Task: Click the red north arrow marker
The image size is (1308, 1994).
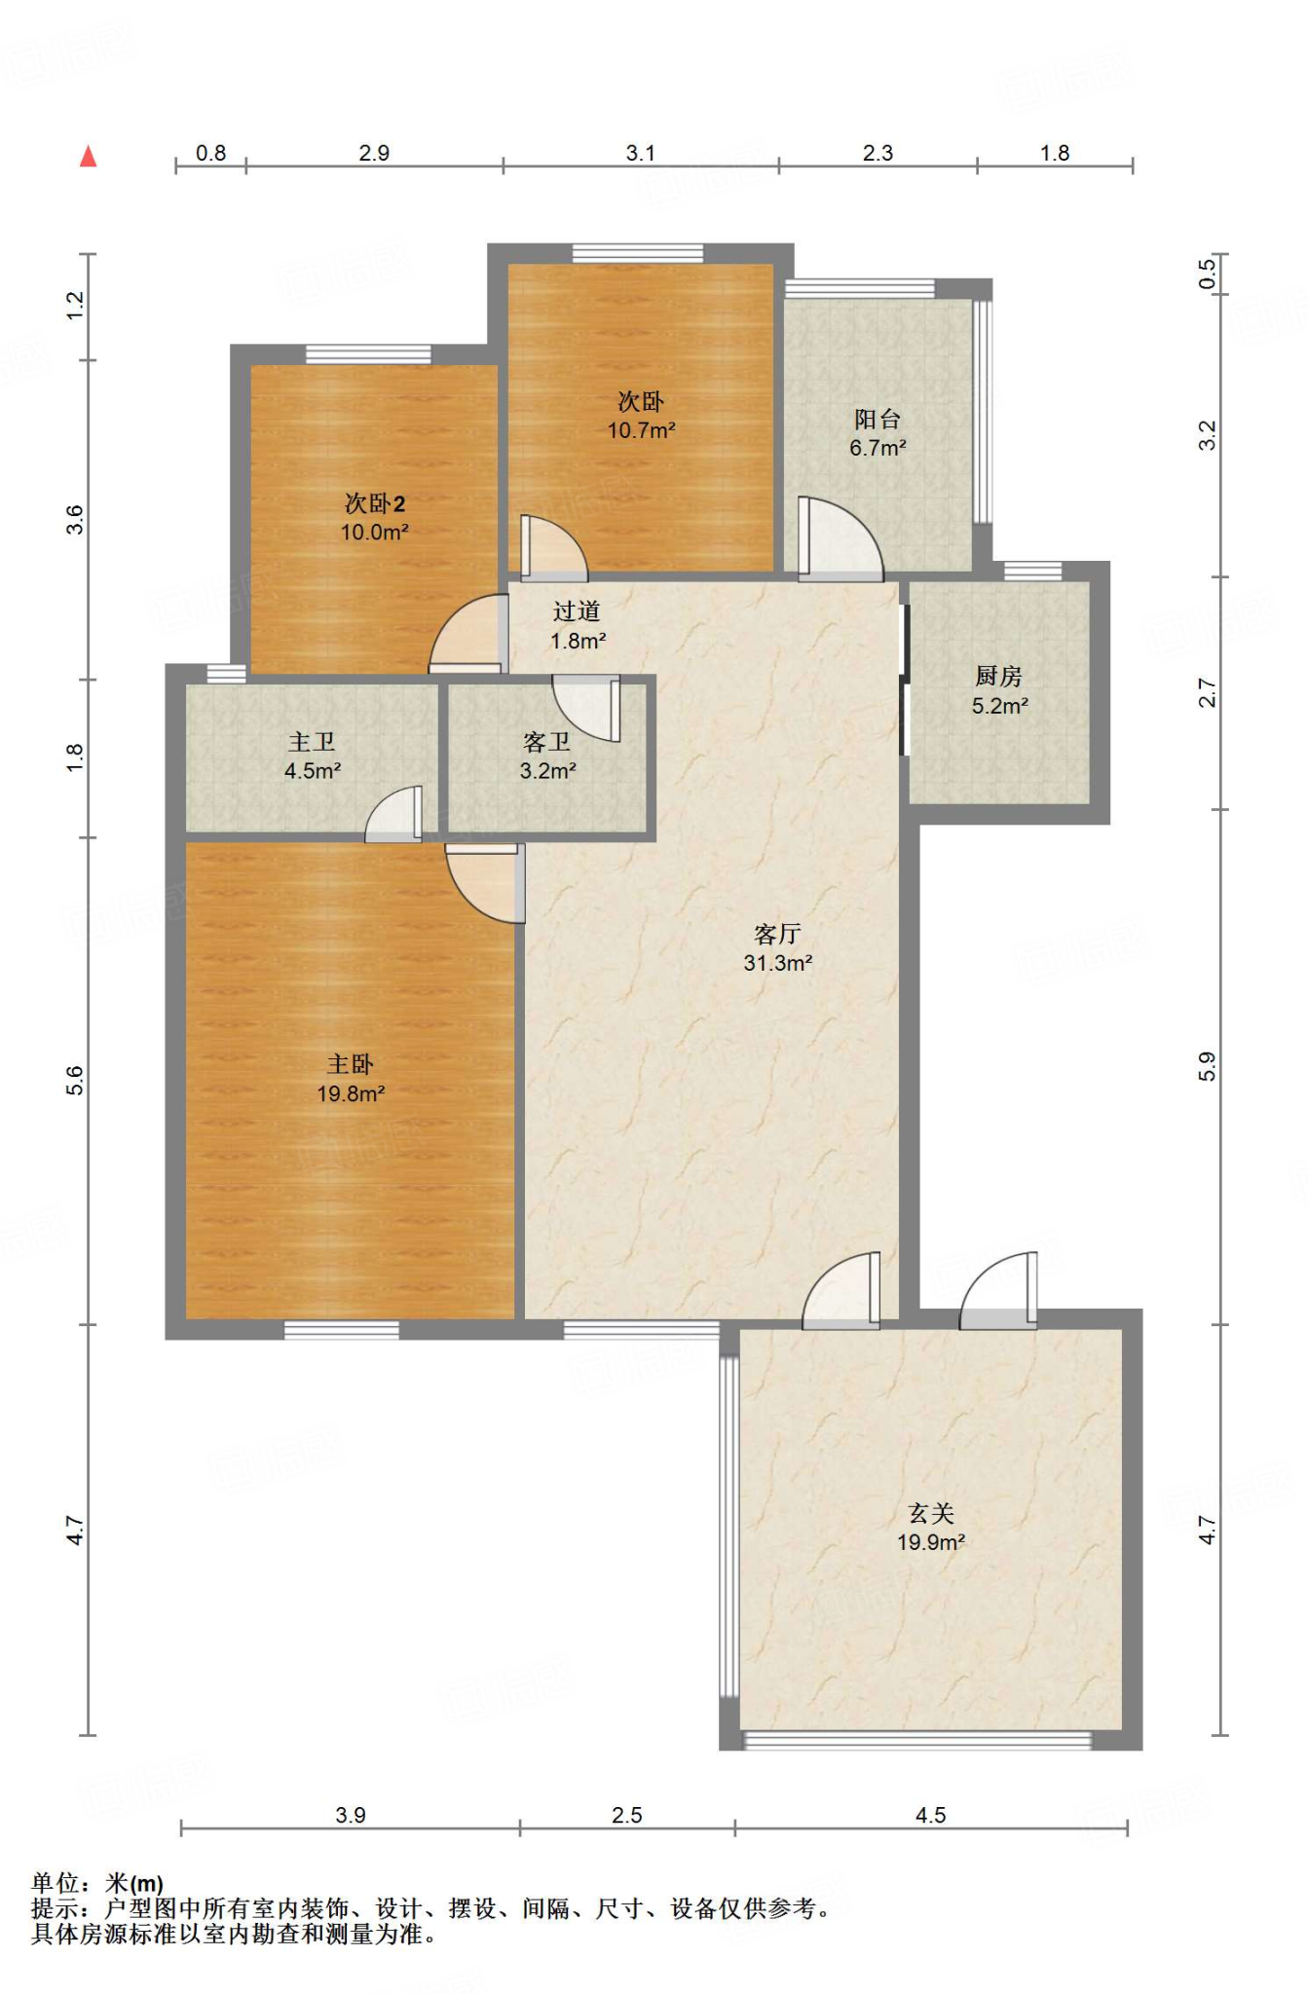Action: pos(88,156)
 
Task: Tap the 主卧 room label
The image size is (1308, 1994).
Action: pos(350,1064)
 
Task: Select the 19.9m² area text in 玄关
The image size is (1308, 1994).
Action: pos(931,1542)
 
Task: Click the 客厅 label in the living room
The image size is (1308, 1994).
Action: pos(777,935)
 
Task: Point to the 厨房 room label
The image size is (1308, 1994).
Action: pos(998,677)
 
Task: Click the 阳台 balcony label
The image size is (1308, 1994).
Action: pos(878,420)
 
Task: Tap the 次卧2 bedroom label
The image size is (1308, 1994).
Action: pos(375,503)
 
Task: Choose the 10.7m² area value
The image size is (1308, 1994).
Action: pos(642,430)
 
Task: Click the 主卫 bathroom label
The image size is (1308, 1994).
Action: pos(312,743)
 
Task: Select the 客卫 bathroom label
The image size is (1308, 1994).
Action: pos(546,743)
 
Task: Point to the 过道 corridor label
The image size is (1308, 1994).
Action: pos(577,611)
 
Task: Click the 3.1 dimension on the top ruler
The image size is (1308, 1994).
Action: pos(641,153)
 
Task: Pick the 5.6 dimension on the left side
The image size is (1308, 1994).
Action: pos(75,1081)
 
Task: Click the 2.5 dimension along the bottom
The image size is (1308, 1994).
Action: pos(627,1815)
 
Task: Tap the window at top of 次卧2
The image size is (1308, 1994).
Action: pos(368,354)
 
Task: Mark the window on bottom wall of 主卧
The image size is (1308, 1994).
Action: pos(342,1330)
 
